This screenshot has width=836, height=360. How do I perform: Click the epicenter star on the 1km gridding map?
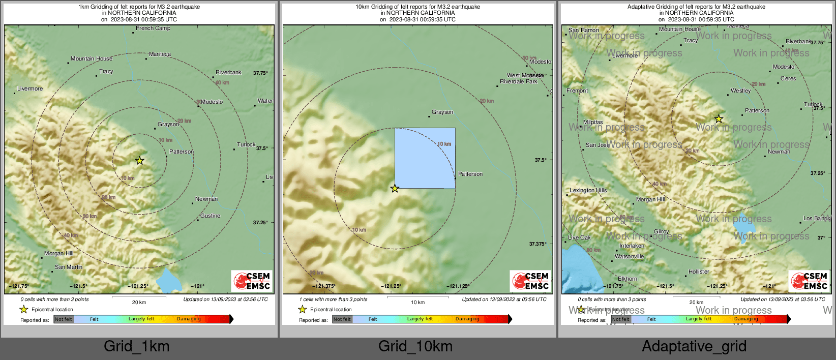140,161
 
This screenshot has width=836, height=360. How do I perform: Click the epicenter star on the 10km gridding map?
395,189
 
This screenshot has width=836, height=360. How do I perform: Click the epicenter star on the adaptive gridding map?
719,119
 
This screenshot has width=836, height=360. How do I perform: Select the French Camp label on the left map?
153,28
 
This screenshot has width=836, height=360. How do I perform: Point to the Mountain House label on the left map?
92,59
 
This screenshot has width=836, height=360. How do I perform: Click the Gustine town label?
210,216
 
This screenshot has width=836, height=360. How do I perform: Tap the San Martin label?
69,267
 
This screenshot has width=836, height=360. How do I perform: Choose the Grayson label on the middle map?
442,112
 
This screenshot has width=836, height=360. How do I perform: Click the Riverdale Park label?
518,82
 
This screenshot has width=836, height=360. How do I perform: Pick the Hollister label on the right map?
699,272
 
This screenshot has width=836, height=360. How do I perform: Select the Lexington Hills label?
588,191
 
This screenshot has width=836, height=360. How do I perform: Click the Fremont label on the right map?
577,91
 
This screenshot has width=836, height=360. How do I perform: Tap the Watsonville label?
629,257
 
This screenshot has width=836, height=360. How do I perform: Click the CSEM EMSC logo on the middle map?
531,281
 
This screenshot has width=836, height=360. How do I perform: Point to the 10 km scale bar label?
417,303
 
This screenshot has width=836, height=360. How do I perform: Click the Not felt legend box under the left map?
64,319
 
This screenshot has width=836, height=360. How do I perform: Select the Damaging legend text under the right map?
746,319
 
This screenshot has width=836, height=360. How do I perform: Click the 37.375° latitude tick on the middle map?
538,244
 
